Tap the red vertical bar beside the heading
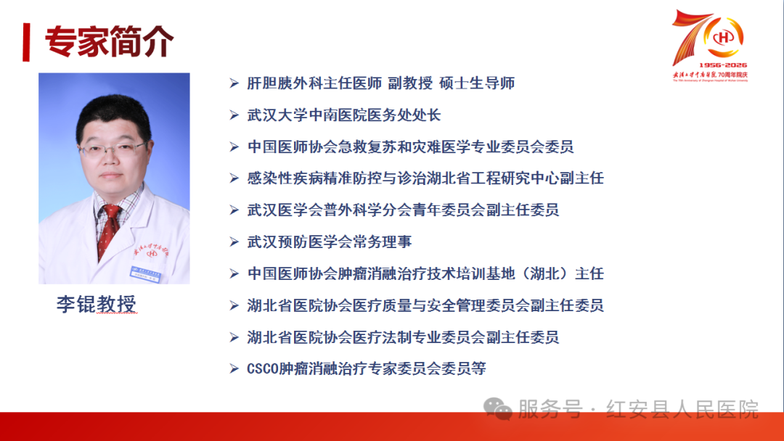tap(26, 42)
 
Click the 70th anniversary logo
tap(710, 46)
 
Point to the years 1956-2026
tap(722, 65)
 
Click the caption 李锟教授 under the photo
tap(96, 304)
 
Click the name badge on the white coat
tap(145, 273)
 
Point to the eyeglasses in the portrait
tap(113, 149)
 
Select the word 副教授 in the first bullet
tap(410, 83)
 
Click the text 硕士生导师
tap(477, 83)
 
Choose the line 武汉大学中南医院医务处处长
tap(344, 115)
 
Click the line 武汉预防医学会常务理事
tap(330, 242)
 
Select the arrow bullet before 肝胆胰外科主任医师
tap(234, 83)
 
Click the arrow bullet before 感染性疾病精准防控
tap(234, 178)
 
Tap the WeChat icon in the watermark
tap(497, 409)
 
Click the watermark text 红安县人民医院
tap(682, 410)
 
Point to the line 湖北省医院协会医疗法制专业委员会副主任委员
tap(403, 337)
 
